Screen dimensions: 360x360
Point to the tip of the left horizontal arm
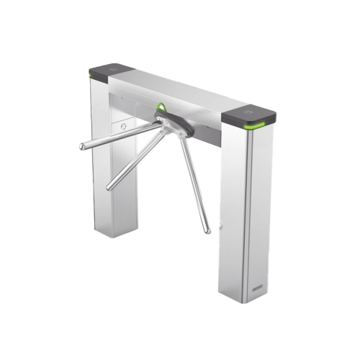[x=81, y=149]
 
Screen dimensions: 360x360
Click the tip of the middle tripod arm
[x=109, y=189]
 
